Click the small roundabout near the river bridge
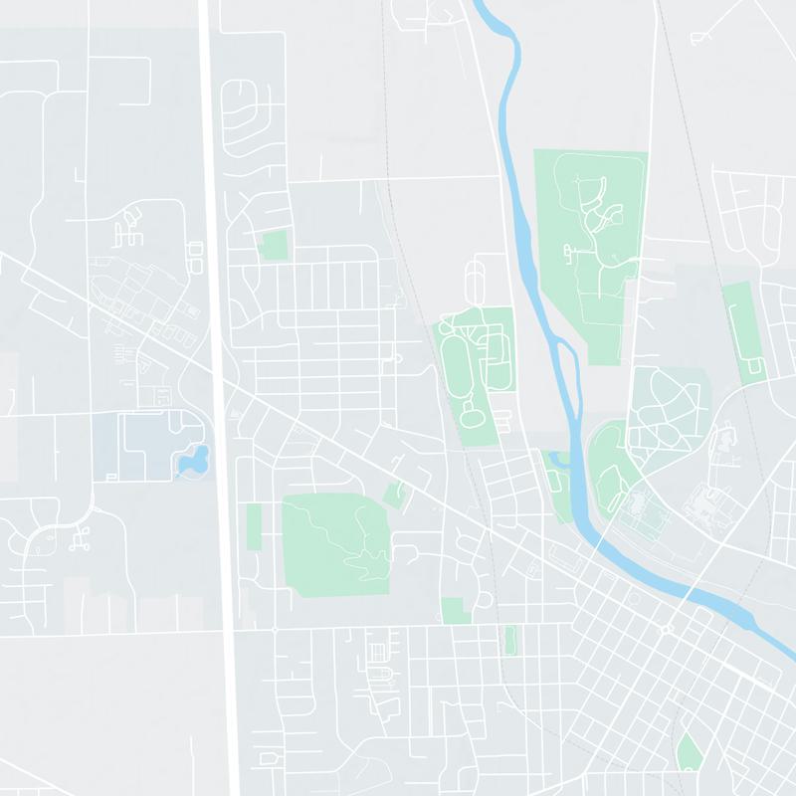[x=667, y=629]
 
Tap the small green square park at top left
[x=272, y=245]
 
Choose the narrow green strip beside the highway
[x=254, y=526]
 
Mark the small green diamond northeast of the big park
[x=396, y=495]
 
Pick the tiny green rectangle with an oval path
[x=510, y=640]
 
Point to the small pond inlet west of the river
[x=555, y=460]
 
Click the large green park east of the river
[x=589, y=249]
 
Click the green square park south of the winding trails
[x=455, y=610]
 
